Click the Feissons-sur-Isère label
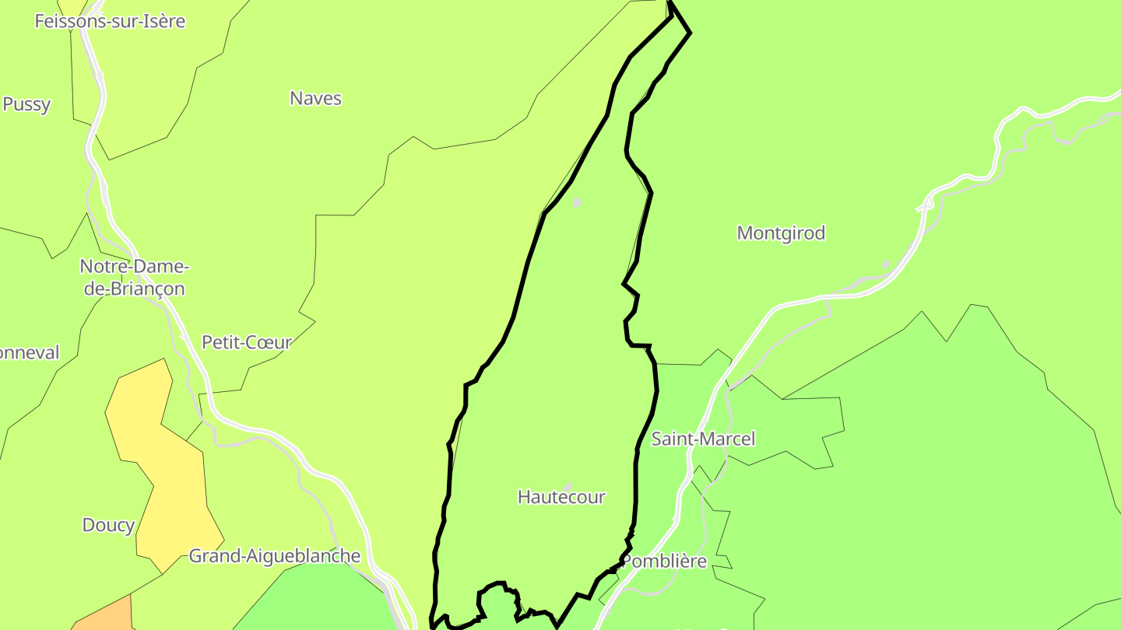click(110, 21)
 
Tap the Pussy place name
click(26, 104)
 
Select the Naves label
click(315, 98)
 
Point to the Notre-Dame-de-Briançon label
click(134, 278)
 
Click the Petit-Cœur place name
click(246, 342)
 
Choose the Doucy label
click(108, 525)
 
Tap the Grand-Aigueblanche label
click(275, 556)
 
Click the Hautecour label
click(561, 497)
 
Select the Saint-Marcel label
click(703, 439)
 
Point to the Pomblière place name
click(666, 561)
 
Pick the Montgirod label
click(781, 233)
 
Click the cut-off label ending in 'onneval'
click(29, 353)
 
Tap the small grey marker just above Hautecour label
click(568, 486)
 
